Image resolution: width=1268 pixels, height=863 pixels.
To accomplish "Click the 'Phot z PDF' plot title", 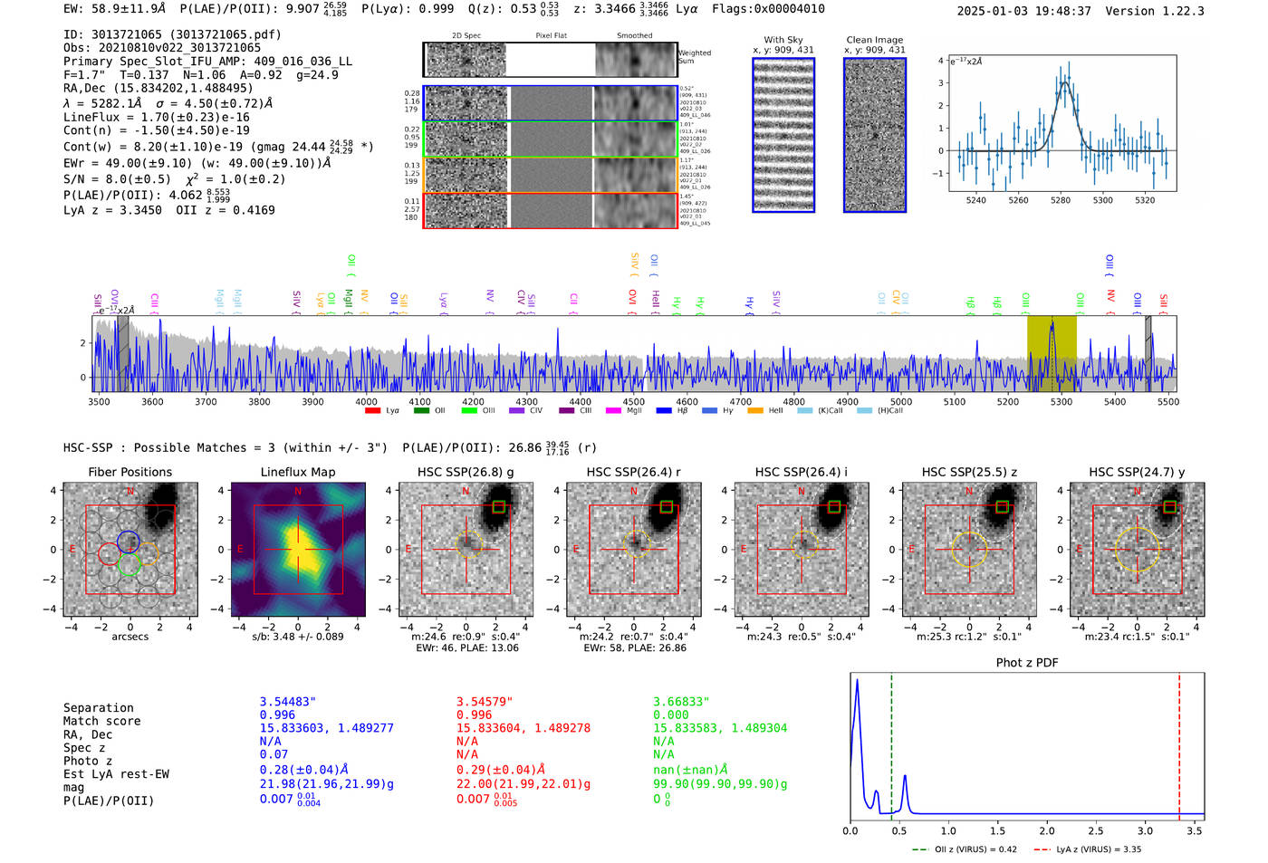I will (x=1027, y=663).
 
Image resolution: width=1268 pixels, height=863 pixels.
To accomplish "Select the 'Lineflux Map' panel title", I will (x=297, y=472).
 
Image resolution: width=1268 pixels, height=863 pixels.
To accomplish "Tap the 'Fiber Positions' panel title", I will (x=130, y=472).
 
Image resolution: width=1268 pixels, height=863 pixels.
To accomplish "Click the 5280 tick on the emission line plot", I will (x=1061, y=200).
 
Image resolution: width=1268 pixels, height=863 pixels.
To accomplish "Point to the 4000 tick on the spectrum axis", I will (x=366, y=402).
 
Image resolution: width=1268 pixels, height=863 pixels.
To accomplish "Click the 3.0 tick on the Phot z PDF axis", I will (x=1145, y=830).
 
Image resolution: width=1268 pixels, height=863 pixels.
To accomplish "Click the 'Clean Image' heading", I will (x=874, y=40).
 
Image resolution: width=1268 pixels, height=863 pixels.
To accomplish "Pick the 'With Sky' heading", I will (x=783, y=40).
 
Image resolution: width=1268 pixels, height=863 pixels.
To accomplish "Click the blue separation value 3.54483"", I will (x=288, y=702).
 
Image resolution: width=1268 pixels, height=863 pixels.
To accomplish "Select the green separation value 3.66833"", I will (x=681, y=702).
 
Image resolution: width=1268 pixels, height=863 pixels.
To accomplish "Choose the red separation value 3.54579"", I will (x=485, y=702).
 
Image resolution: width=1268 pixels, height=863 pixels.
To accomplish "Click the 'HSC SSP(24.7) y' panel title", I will (x=1137, y=472).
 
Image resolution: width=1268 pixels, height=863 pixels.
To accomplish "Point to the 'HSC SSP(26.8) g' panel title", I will (x=466, y=472).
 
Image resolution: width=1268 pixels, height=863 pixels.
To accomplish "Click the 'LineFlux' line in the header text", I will (x=156, y=118).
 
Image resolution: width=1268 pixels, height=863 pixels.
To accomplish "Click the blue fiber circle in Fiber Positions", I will (x=128, y=542).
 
